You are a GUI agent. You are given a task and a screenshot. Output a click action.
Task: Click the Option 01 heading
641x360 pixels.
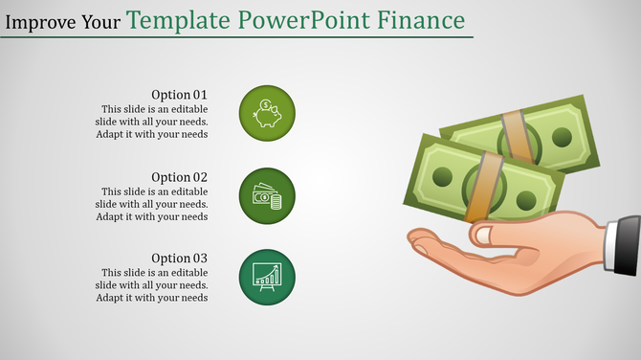click(x=179, y=95)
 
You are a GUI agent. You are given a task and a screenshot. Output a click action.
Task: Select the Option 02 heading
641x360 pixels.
click(x=179, y=177)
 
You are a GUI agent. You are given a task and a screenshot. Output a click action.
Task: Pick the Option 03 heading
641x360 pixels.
click(x=179, y=259)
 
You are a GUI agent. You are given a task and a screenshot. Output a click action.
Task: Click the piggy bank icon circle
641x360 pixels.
click(x=267, y=113)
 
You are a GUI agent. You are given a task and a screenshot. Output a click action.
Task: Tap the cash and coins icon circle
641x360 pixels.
click(x=267, y=195)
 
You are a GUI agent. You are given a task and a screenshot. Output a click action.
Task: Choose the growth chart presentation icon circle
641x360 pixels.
click(x=267, y=277)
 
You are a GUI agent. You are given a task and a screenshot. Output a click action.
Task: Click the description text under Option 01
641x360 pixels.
click(x=152, y=122)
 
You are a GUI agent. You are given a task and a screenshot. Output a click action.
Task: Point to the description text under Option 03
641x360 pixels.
click(x=152, y=285)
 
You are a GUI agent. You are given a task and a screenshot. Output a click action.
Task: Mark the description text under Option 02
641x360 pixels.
click(x=152, y=204)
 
